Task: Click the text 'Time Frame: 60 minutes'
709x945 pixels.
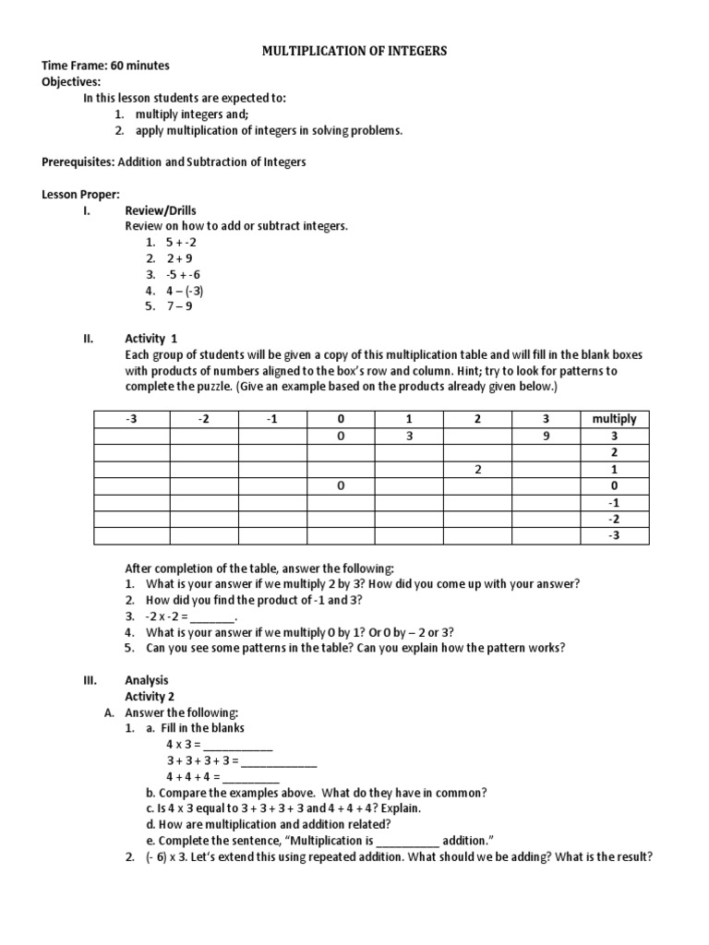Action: pos(105,66)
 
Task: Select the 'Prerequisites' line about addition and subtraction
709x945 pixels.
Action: pos(174,161)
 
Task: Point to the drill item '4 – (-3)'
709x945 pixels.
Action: pos(185,291)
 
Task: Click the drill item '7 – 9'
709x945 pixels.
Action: pos(179,306)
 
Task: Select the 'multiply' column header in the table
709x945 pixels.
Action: pos(614,419)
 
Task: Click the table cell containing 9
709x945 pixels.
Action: pos(547,437)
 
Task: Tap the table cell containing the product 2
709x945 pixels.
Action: pos(478,470)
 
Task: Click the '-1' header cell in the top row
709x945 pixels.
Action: pos(270,419)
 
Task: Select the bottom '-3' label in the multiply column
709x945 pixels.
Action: pos(614,536)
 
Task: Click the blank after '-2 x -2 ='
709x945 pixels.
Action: pos(213,616)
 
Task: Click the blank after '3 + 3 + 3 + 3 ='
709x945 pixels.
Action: pos(280,760)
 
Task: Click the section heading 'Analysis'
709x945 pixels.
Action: pos(147,680)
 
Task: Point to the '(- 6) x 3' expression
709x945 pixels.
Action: pos(169,856)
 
